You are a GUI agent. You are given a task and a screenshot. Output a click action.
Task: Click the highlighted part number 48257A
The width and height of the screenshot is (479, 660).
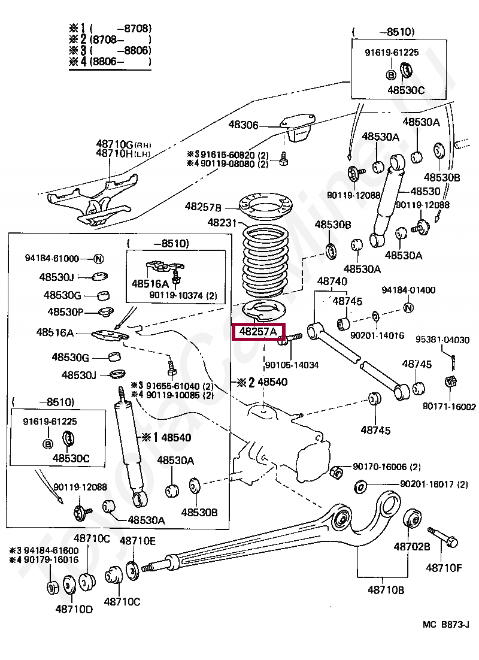click(x=259, y=331)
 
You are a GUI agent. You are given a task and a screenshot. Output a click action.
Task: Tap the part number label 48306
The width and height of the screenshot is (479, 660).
click(x=243, y=125)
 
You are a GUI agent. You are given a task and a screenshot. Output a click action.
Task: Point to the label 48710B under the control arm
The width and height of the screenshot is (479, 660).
click(x=386, y=590)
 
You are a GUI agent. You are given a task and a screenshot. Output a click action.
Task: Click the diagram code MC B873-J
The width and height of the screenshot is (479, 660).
click(x=445, y=625)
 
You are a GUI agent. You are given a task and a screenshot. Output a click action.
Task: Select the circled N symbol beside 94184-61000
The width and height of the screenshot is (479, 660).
click(x=99, y=259)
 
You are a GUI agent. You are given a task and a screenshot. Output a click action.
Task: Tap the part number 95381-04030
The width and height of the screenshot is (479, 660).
click(x=442, y=340)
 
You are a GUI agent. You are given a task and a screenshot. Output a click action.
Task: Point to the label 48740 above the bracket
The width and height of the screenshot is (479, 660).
click(x=332, y=281)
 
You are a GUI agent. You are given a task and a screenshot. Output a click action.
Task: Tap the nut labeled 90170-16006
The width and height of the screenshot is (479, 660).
click(x=336, y=471)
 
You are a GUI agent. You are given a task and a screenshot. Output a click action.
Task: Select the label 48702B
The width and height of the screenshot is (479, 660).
click(x=411, y=547)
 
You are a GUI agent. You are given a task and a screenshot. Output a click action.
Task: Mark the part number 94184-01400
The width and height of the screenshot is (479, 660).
click(x=408, y=290)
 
